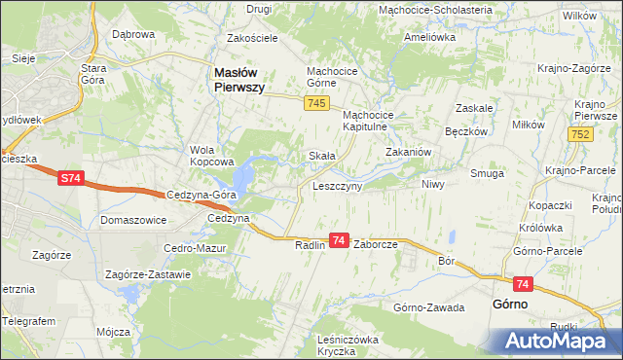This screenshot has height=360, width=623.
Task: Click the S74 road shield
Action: [x=70, y=179]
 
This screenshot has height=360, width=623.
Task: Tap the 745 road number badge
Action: [x=314, y=103]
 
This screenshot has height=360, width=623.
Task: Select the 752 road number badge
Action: [x=582, y=134]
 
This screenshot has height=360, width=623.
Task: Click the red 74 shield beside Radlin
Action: [x=339, y=239]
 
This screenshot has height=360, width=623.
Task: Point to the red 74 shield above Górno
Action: [x=524, y=284]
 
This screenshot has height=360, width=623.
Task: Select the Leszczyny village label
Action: [x=337, y=185]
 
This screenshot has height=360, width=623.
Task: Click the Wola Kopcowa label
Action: [x=212, y=156]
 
